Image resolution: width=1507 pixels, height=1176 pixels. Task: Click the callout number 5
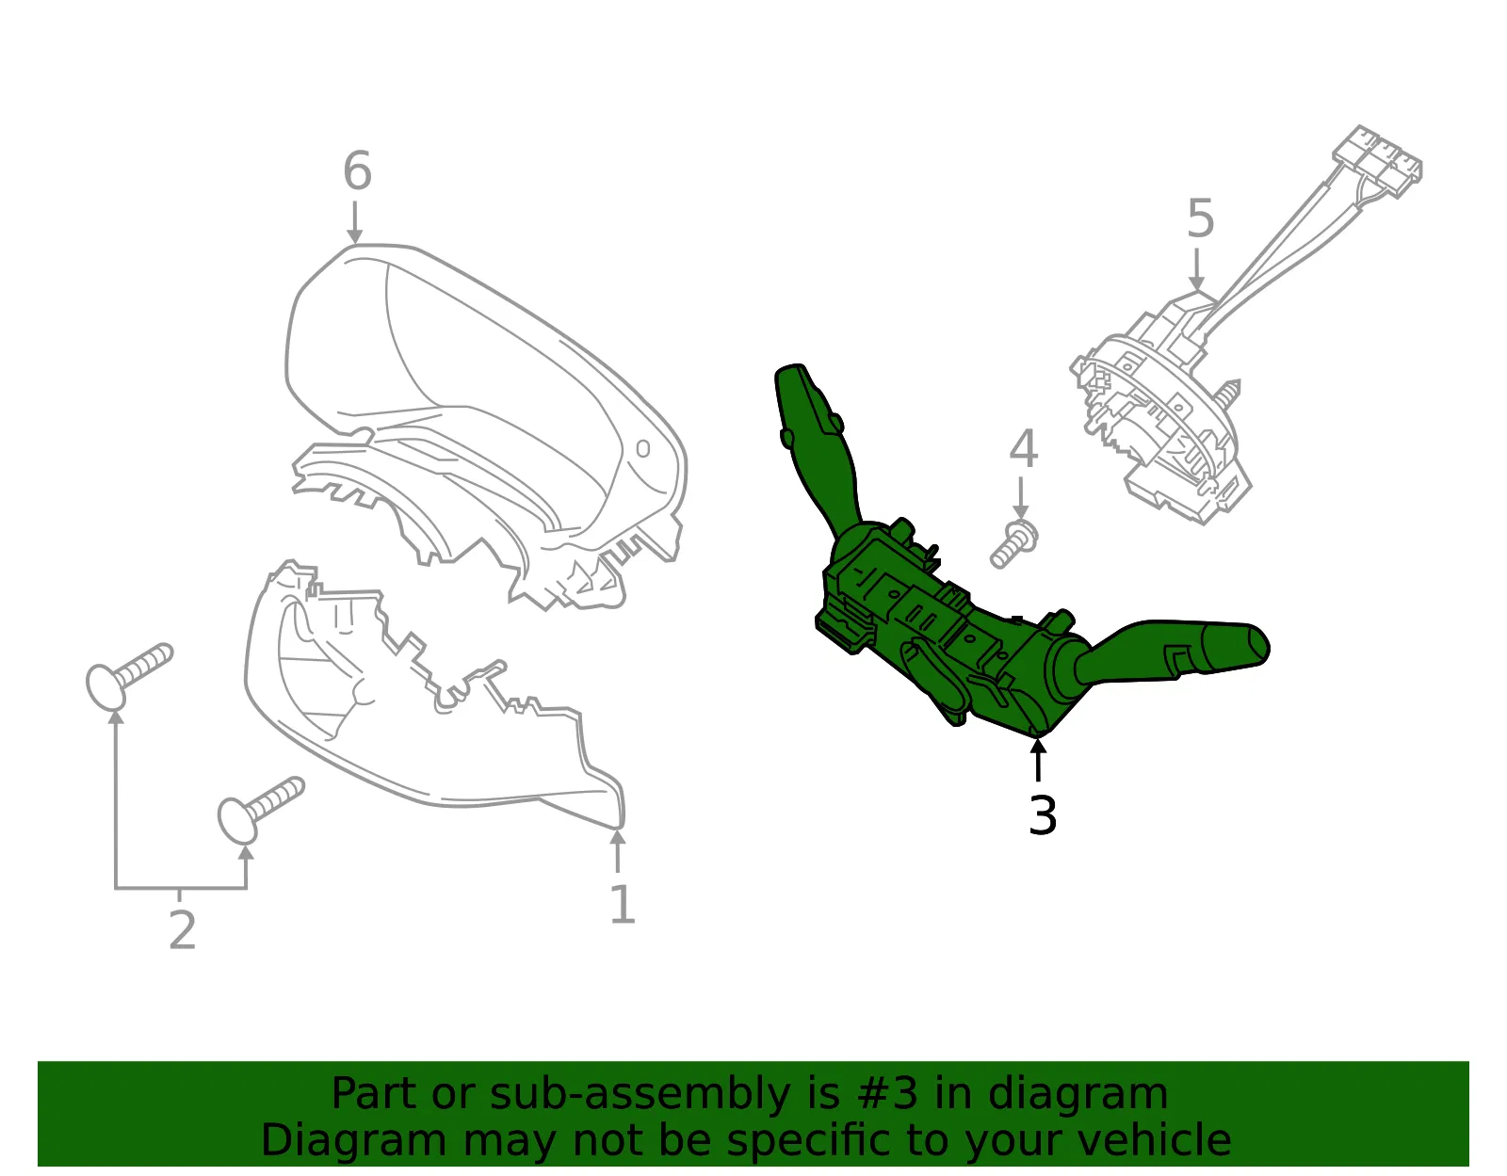point(1201,217)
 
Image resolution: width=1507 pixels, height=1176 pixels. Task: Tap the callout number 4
point(1023,448)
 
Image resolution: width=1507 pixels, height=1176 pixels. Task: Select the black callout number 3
point(1043,815)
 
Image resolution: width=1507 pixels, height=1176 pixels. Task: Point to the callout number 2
point(183,930)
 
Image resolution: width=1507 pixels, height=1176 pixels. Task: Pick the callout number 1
point(622,904)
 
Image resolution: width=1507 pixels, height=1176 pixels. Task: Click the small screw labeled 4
point(1013,545)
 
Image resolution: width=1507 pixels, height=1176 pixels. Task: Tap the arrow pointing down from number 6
point(355,222)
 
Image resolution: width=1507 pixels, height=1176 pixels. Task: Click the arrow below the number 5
point(1196,269)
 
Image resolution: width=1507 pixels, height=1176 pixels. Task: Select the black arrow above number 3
point(1038,760)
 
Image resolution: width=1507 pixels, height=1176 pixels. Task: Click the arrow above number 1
point(617,850)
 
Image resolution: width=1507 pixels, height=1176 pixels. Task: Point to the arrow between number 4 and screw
point(1020,498)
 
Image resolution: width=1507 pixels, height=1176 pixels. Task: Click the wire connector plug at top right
point(1377,161)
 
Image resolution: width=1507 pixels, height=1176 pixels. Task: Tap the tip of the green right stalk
point(1267,647)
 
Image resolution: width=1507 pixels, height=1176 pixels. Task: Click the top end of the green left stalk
point(790,368)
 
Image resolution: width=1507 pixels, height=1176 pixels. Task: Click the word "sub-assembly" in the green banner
point(640,1094)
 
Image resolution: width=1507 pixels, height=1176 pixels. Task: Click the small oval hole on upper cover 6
point(643,448)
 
